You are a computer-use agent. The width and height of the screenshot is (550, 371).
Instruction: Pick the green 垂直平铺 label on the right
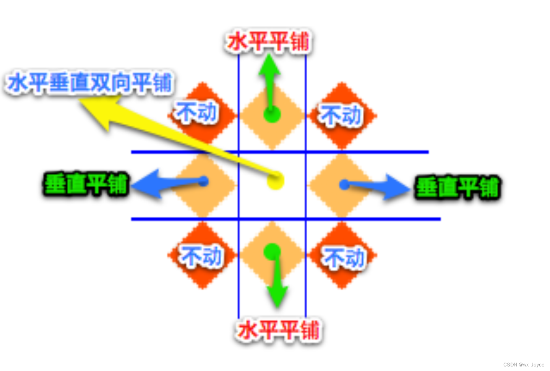point(458,188)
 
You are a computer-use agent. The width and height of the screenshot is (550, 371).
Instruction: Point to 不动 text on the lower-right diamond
point(344,258)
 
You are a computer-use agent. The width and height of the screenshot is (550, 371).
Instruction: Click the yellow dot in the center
point(275,181)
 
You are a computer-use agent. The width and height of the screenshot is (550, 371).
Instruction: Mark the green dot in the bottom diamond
point(273,252)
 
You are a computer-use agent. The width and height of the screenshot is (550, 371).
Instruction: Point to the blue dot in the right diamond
point(344,185)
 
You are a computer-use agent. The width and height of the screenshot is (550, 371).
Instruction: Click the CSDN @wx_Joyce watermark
point(524,365)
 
